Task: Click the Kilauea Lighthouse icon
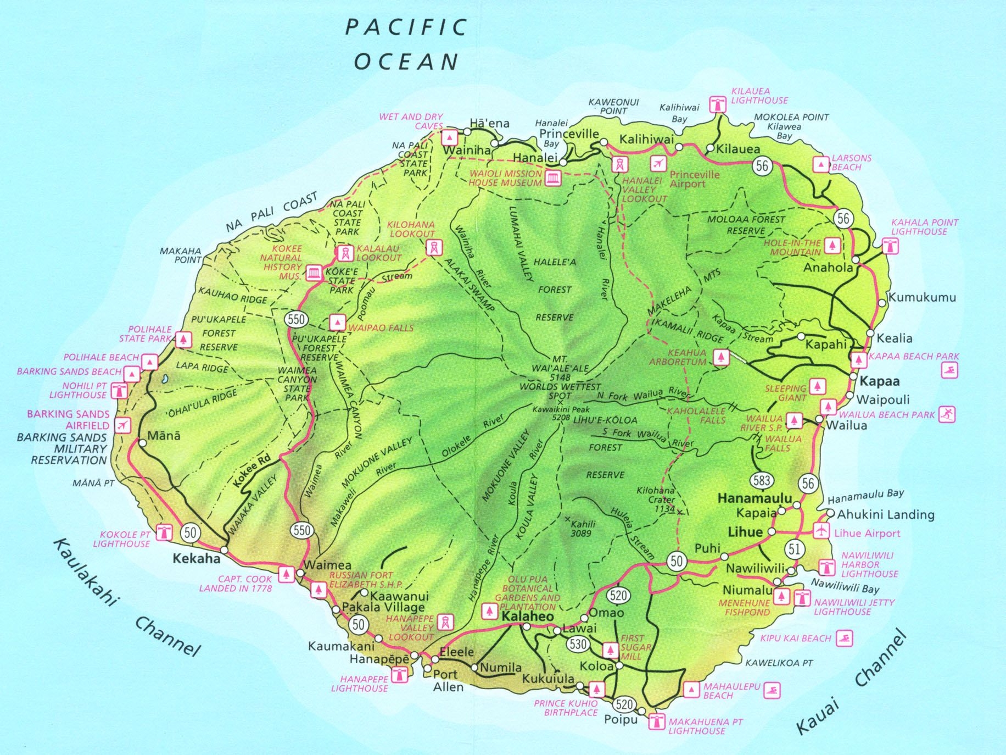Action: coord(718,103)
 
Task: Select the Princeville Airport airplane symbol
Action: coord(658,164)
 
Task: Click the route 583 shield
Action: coord(762,481)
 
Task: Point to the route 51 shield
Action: coord(795,548)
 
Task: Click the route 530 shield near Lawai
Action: coord(578,644)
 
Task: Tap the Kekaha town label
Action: coord(197,559)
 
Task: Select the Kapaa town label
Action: coord(880,381)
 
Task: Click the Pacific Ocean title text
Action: coord(406,44)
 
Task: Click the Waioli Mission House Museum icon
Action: coord(553,178)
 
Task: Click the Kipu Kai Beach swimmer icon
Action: coord(845,639)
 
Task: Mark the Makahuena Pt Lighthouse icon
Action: coord(656,721)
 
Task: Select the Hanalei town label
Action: coord(535,158)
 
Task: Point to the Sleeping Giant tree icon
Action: coord(818,386)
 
